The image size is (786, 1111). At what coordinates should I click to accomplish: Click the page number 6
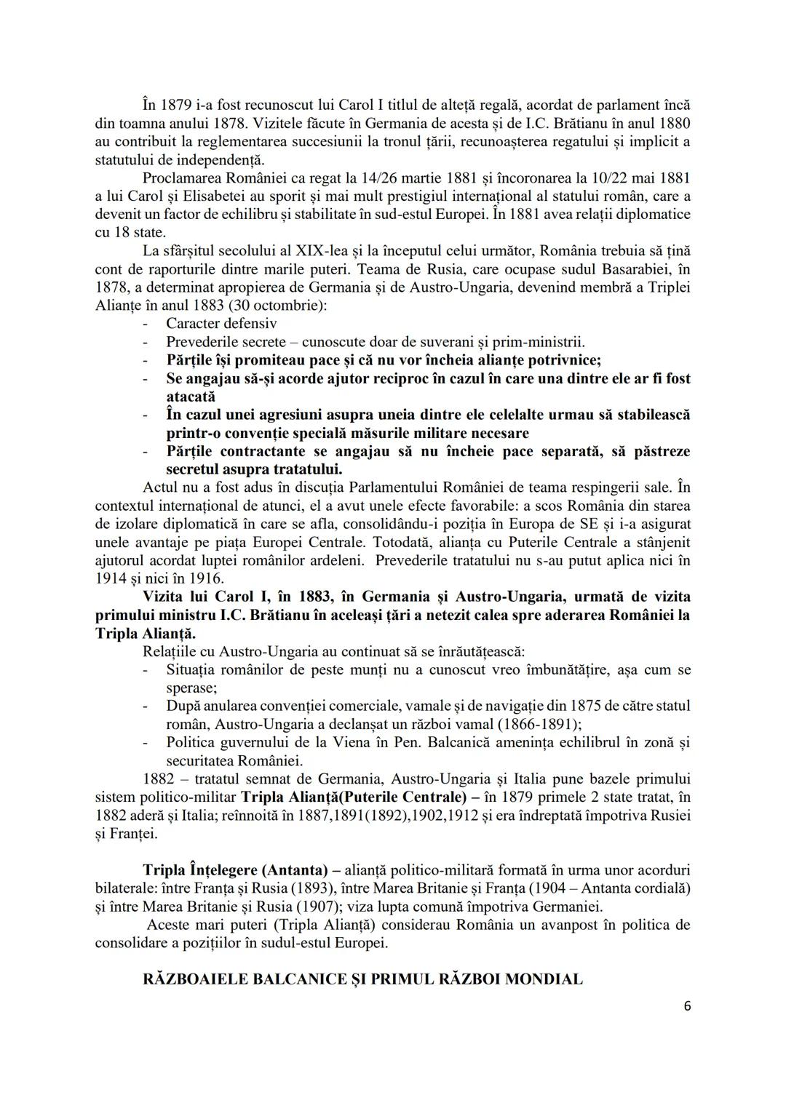687,1006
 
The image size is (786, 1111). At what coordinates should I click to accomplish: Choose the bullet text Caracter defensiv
221,323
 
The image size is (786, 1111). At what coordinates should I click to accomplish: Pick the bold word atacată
191,397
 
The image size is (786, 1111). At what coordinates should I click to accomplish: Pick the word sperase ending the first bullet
191,688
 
